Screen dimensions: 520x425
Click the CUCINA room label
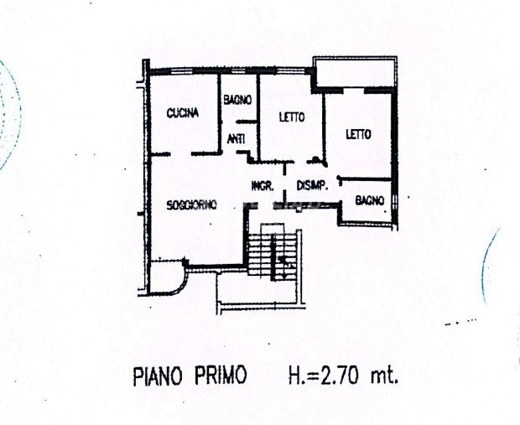(x=182, y=113)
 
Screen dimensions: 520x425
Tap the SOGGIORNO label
(x=191, y=205)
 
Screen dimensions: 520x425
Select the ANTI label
(x=237, y=138)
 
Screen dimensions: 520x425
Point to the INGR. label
(x=263, y=186)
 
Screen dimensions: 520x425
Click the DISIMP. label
(x=312, y=185)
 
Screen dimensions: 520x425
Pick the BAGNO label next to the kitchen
(x=237, y=100)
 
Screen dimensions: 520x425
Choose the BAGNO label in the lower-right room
(x=370, y=200)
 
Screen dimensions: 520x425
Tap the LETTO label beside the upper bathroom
(x=292, y=117)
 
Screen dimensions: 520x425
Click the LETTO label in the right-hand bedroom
(x=358, y=134)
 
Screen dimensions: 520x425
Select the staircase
(x=273, y=256)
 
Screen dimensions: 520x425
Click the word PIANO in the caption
(x=158, y=376)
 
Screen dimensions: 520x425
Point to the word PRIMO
(x=221, y=375)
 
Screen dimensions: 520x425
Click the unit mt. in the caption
(x=384, y=376)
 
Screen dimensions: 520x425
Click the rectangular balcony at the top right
(x=355, y=72)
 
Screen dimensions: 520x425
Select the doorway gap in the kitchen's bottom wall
(x=181, y=154)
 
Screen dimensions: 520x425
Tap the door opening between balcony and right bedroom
(x=354, y=90)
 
